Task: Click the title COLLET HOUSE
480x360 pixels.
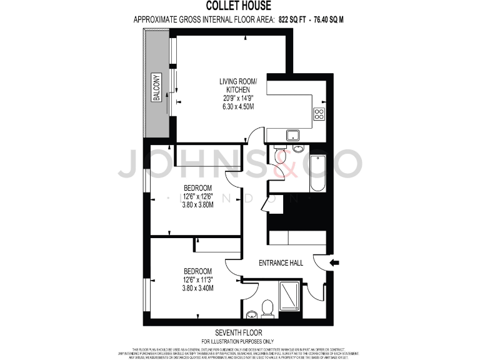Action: (x=239, y=7)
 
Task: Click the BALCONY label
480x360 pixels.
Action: (x=157, y=88)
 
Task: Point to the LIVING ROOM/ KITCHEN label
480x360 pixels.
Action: (x=237, y=86)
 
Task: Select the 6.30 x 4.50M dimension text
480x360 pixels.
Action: (x=237, y=106)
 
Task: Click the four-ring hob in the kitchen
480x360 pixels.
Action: (x=319, y=114)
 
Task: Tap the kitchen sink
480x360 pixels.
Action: (x=291, y=134)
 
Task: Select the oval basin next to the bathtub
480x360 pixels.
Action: (x=298, y=148)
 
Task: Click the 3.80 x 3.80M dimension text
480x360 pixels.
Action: (x=197, y=204)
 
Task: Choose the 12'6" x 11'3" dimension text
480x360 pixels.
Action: (x=197, y=279)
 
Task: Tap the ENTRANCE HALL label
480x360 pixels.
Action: (x=281, y=263)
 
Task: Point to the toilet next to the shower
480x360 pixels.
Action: (x=267, y=308)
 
